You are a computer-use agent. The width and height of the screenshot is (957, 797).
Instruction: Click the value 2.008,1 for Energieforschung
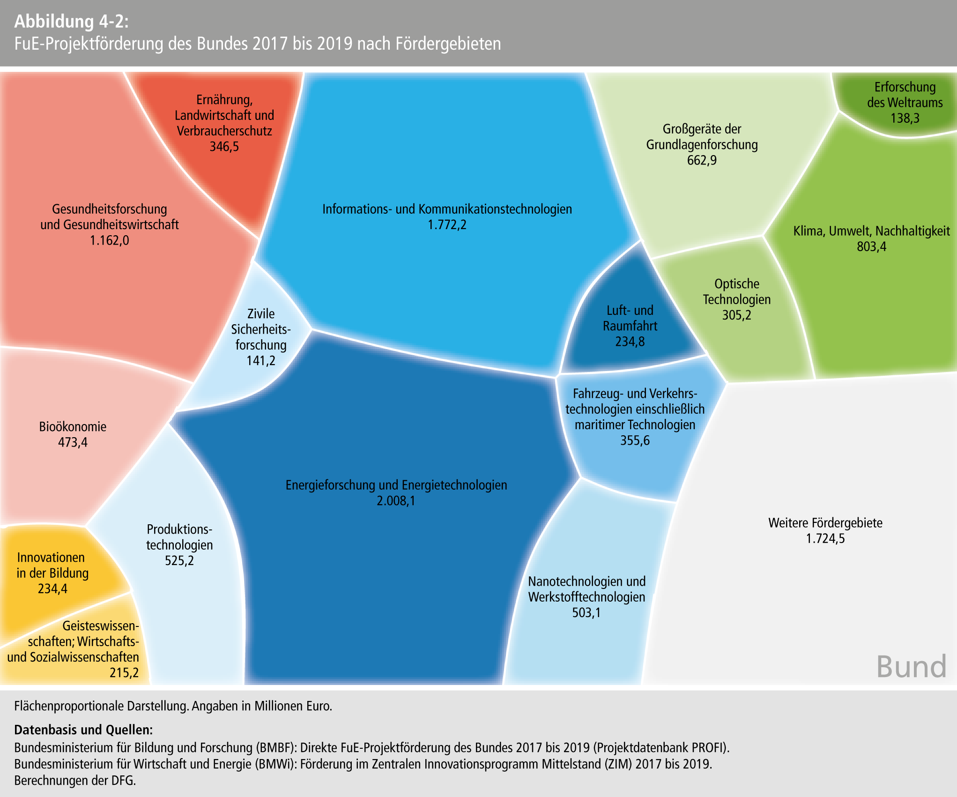coord(396,501)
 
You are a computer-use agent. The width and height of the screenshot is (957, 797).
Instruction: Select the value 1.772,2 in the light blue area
coord(447,225)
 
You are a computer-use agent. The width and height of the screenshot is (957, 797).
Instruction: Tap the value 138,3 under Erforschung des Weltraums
coord(905,118)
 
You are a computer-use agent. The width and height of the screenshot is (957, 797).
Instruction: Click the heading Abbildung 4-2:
coord(71,22)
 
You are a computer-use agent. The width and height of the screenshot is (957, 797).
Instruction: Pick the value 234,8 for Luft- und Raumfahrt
coord(630,342)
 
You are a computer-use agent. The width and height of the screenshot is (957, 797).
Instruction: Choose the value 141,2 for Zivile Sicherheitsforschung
coord(261,361)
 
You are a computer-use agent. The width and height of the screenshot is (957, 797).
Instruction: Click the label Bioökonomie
coord(73,426)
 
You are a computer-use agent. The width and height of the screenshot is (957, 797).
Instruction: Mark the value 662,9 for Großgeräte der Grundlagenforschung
coord(702,160)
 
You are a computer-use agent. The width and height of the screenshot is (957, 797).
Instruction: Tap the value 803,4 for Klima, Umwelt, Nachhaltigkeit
coord(871,246)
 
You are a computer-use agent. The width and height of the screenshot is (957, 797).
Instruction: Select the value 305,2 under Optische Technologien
coord(736,315)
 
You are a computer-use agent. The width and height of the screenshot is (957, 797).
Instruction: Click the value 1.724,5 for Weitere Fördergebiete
coord(825,539)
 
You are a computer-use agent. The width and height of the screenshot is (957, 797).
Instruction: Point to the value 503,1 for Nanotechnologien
coord(586,613)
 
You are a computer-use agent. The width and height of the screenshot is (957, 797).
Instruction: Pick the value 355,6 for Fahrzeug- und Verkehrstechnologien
coord(635,440)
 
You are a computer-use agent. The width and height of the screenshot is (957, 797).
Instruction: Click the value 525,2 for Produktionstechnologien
coord(179,561)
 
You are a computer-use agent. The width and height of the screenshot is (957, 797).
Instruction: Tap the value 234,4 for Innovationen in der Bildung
coord(52,588)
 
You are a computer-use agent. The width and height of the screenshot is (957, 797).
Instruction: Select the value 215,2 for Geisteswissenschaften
coord(124,673)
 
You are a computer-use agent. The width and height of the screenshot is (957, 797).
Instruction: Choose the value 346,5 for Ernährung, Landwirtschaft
coord(224,147)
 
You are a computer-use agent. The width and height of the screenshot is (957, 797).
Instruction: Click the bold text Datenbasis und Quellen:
coord(83,730)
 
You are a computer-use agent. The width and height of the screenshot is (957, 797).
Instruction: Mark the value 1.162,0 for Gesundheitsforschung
coord(109,240)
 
